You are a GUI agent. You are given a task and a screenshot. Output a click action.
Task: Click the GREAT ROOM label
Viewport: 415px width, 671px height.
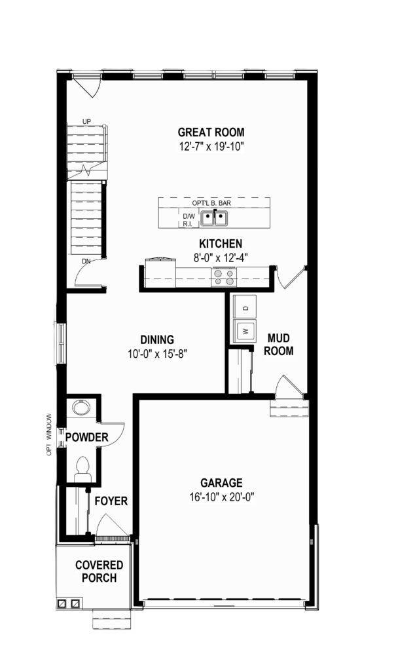point(211,132)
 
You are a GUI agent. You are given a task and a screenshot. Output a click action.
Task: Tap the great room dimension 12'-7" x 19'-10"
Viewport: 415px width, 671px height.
point(211,147)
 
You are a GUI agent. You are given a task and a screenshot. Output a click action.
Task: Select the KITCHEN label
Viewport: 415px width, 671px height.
point(221,244)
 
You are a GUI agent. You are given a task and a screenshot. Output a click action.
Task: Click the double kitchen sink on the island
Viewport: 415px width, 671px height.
point(215,218)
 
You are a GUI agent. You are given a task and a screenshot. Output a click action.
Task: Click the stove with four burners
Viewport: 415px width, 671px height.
point(225,277)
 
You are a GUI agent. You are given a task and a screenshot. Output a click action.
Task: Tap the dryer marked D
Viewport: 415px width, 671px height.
point(245,307)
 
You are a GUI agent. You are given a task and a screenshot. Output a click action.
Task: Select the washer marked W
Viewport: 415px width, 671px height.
point(245,330)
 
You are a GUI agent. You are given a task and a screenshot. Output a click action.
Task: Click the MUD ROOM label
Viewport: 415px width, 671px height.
point(279,345)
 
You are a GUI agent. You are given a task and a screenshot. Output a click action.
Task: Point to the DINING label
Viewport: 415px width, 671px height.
point(157,340)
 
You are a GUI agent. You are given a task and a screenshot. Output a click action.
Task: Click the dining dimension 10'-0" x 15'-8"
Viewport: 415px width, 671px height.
point(157,355)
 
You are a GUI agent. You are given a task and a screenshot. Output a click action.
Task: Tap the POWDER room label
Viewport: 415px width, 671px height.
point(87,437)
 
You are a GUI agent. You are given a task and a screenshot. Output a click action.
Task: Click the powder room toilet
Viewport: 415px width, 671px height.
point(82,469)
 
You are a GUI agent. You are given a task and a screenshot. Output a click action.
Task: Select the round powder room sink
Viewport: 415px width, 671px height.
point(81,407)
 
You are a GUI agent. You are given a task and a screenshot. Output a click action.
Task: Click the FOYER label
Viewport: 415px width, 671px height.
point(111,501)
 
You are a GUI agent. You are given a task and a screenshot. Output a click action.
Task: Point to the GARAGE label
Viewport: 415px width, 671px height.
point(221,483)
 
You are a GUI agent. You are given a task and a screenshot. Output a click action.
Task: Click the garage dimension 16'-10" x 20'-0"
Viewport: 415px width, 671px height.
point(222,497)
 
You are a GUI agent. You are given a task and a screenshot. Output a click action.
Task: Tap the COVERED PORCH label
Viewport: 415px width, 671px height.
point(99,571)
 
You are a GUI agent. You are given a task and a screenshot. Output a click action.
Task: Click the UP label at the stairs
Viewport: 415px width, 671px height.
point(87,121)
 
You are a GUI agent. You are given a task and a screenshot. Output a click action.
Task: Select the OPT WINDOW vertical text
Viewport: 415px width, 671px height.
point(49,434)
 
